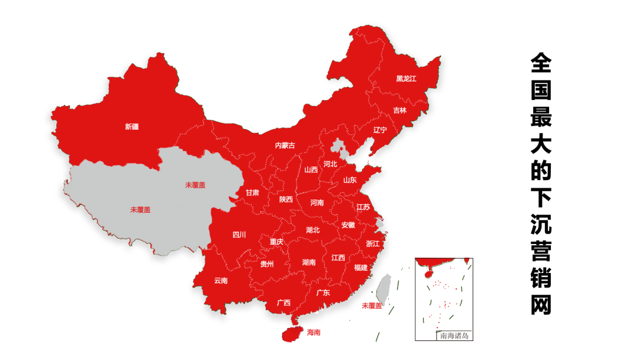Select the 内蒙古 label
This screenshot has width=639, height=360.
click(x=285, y=146)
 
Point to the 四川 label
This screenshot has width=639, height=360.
click(x=239, y=234)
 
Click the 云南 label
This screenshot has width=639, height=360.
click(x=221, y=281)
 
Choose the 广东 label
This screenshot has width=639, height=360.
click(x=323, y=292)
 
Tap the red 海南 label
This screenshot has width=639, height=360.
click(x=314, y=333)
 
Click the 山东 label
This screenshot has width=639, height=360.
click(x=350, y=180)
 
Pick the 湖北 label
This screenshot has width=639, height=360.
click(x=312, y=230)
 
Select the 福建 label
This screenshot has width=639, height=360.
click(x=360, y=268)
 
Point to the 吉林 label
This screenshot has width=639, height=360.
click(x=400, y=110)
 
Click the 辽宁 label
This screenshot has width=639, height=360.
click(x=380, y=130)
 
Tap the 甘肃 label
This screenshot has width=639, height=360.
click(x=253, y=193)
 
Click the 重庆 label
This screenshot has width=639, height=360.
click(x=276, y=242)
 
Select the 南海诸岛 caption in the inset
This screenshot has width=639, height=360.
click(x=454, y=336)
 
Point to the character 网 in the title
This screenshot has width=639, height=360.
click(x=540, y=304)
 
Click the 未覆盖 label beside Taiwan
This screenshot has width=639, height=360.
click(x=372, y=306)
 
